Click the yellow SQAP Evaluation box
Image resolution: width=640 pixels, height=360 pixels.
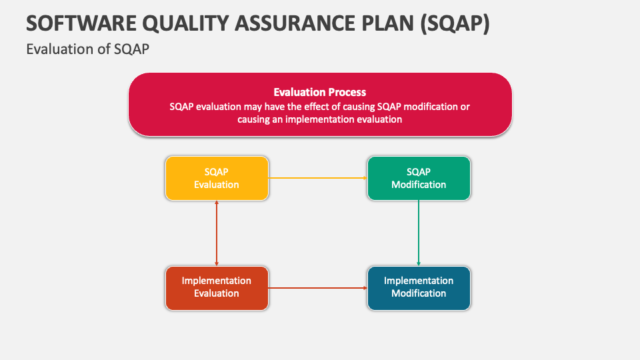click(217, 178)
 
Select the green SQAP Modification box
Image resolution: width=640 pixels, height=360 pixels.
click(419, 178)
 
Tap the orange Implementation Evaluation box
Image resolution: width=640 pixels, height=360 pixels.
click(217, 287)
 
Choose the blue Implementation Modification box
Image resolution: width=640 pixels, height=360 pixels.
click(419, 287)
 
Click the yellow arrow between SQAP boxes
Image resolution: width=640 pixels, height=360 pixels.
click(317, 178)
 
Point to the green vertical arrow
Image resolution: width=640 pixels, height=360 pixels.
click(419, 233)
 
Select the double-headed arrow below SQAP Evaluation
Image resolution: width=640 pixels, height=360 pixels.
click(217, 233)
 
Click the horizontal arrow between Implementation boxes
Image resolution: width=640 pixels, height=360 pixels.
click(317, 287)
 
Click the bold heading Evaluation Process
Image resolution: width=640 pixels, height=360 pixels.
click(320, 93)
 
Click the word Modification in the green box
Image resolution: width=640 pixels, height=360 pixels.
click(419, 185)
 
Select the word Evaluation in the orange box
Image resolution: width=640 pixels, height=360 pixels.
click(217, 293)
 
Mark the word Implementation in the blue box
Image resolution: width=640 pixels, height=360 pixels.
click(419, 281)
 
